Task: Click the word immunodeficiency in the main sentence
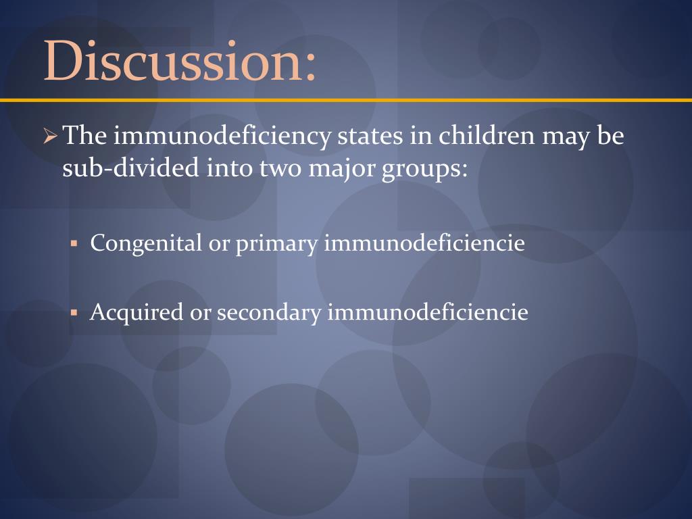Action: [221, 137]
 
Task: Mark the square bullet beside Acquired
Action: [76, 312]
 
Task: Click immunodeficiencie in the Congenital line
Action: [424, 243]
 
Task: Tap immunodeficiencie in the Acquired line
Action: [427, 312]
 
